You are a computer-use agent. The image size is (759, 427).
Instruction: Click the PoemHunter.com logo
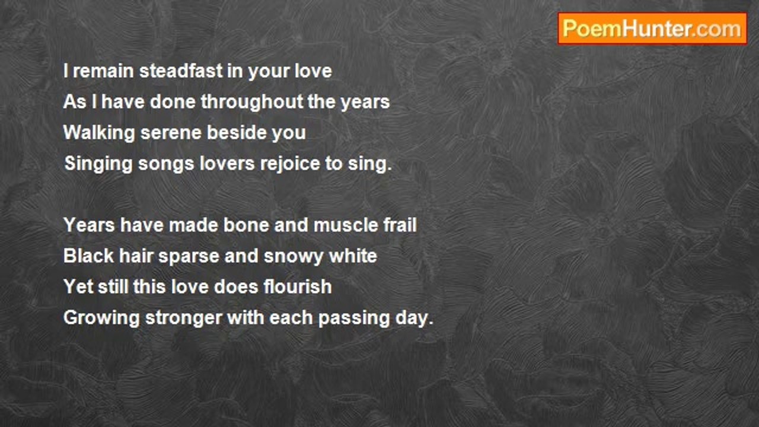[652, 29]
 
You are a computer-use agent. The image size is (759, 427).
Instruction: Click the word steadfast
[181, 71]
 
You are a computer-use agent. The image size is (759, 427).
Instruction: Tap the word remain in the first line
[103, 71]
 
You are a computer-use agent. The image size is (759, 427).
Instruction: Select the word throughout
[252, 102]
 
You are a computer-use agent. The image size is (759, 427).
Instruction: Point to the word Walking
[99, 133]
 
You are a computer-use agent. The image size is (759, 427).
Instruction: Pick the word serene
[171, 133]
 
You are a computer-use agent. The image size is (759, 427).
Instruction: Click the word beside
[237, 132]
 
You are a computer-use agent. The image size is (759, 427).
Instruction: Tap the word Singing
[98, 164]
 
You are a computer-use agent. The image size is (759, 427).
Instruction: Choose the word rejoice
[290, 164]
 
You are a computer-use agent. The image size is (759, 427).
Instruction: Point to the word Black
[88, 256]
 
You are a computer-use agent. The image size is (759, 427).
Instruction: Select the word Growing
[101, 318]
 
